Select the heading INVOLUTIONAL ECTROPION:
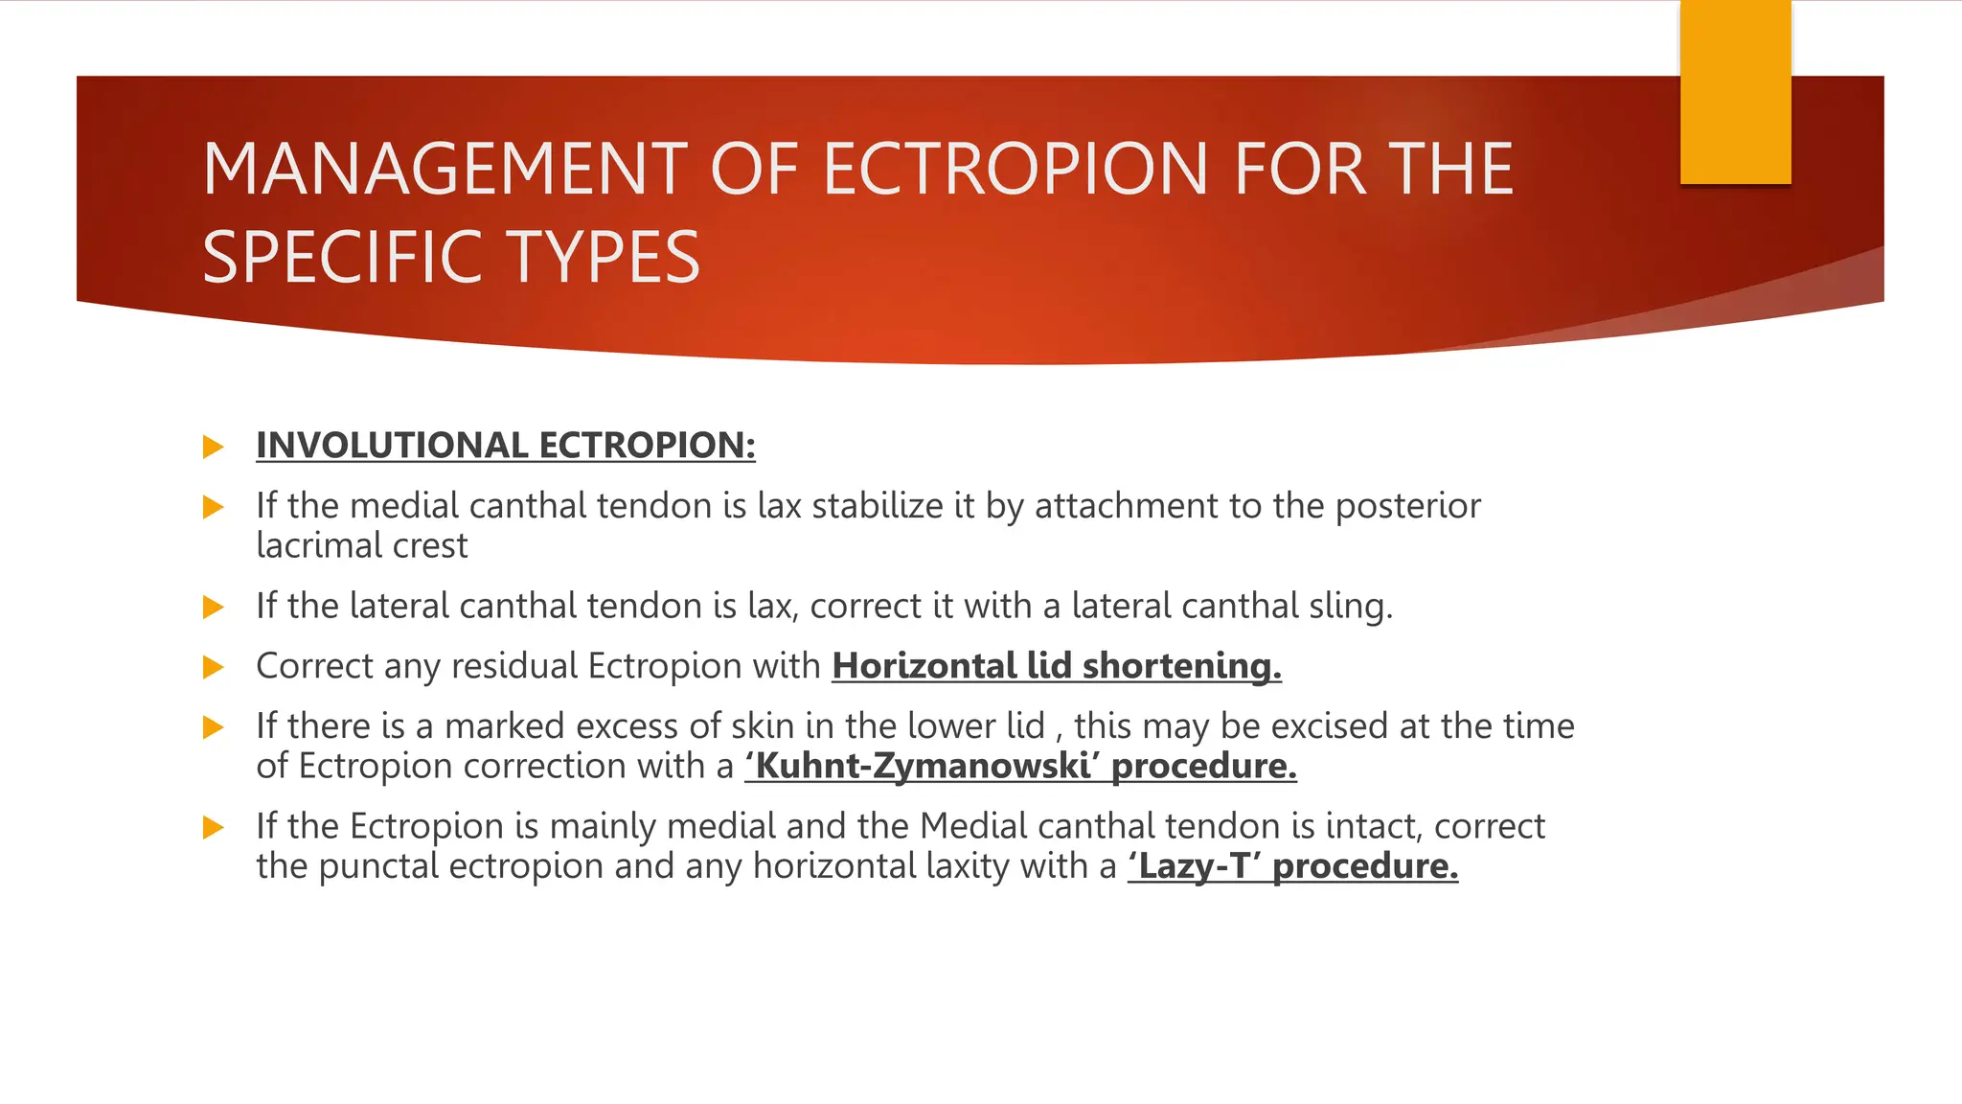coord(505,446)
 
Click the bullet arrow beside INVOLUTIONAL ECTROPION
coord(214,447)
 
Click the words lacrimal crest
coord(361,546)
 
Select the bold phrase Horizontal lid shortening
coord(1056,666)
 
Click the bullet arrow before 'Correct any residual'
coord(214,667)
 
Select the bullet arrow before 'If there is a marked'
coord(214,727)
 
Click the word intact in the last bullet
coord(1370,826)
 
